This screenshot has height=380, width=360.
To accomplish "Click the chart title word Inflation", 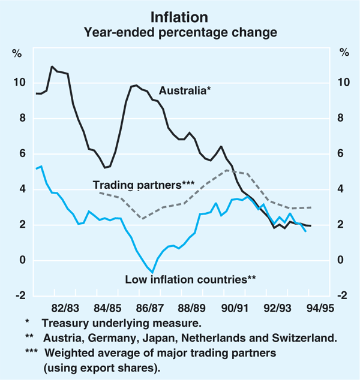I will pos(180,16).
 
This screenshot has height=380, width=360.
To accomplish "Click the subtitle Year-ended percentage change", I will pos(180,31).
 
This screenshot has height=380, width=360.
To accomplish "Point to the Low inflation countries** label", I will pos(191,279).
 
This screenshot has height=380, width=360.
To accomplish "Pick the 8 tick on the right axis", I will pos(341,118).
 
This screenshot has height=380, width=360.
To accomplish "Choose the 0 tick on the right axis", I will pos(341,260).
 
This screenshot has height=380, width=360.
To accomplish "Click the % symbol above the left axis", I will pos(17,52).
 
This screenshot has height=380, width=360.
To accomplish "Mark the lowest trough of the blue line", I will pos(152,272).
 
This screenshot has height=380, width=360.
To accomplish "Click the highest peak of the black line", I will pos(52,67).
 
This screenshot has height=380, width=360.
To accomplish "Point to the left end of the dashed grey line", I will pos(98,192).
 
